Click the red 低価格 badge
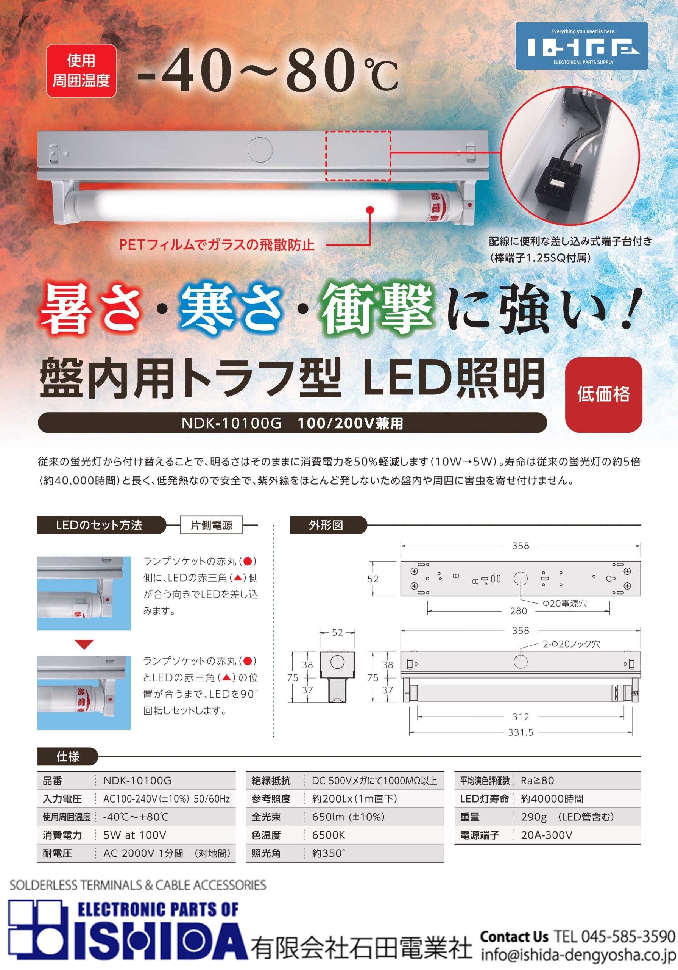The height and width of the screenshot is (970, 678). point(603,394)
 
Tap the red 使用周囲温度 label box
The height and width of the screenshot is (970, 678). point(81,70)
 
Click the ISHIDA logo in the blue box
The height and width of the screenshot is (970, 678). point(582,46)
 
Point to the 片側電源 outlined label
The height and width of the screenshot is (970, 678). point(212,525)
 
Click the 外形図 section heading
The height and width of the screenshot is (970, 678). point(326,525)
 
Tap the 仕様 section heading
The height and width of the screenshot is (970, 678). point(67,756)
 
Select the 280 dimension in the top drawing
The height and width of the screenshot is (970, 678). point(518,611)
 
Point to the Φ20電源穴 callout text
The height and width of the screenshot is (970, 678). point(565,603)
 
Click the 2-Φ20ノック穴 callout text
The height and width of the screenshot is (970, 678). point(571,644)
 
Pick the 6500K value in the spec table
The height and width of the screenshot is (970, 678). point(329,835)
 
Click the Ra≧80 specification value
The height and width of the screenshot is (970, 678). point(538,780)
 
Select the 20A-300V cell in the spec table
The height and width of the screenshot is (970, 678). point(547,835)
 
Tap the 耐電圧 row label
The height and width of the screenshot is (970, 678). point(58,853)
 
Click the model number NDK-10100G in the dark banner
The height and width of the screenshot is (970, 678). point(231,423)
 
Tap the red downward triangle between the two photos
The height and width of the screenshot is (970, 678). point(84,645)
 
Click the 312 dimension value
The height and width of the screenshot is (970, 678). point(521,717)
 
